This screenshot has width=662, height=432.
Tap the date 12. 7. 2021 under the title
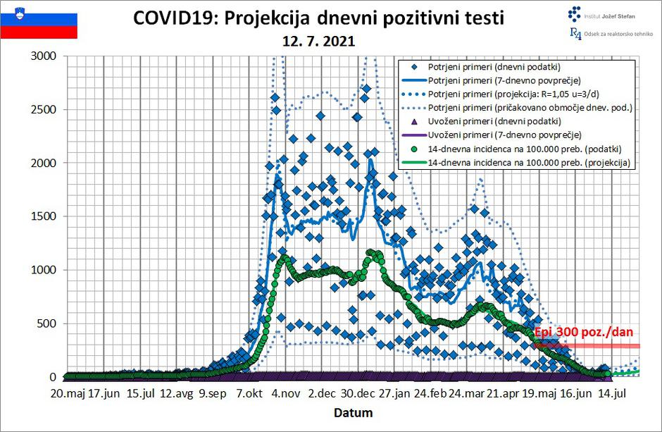(x=318, y=42)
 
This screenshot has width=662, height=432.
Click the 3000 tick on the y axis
(x=46, y=56)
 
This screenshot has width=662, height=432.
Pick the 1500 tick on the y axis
(x=46, y=217)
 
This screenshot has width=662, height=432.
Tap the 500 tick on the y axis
(x=49, y=324)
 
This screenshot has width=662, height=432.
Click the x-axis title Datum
(x=354, y=412)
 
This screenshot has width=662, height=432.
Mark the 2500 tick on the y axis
(x=46, y=110)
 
